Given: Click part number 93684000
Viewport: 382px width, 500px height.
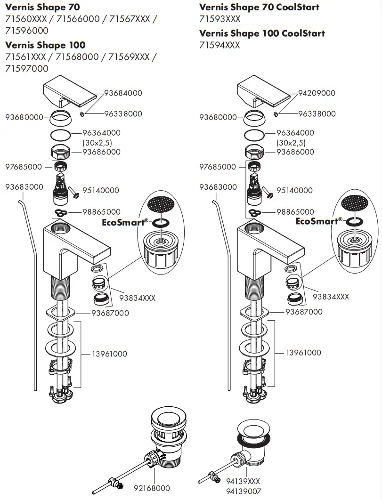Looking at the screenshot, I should pyautogui.click(x=123, y=93).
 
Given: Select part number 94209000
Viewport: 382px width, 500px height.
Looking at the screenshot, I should pyautogui.click(x=317, y=93).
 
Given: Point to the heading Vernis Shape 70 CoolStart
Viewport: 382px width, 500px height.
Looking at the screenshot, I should pyautogui.click(x=259, y=8).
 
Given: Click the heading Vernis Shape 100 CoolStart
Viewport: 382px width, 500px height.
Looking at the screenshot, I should pyautogui.click(x=262, y=33).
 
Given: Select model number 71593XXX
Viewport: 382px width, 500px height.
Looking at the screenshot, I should pyautogui.click(x=219, y=19).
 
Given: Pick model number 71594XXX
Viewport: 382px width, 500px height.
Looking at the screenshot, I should pyautogui.click(x=219, y=45).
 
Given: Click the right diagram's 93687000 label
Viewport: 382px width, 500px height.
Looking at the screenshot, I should pyautogui.click(x=304, y=312).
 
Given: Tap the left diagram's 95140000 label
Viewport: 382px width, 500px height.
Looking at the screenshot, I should pyautogui.click(x=100, y=191).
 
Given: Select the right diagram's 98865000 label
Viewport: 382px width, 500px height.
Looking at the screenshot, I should pyautogui.click(x=295, y=212).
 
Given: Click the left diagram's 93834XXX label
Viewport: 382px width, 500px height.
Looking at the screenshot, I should pyautogui.click(x=137, y=298).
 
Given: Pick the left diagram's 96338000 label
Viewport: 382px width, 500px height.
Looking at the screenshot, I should pyautogui.click(x=123, y=114).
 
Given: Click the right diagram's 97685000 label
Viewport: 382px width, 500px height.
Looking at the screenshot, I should pyautogui.click(x=217, y=167).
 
